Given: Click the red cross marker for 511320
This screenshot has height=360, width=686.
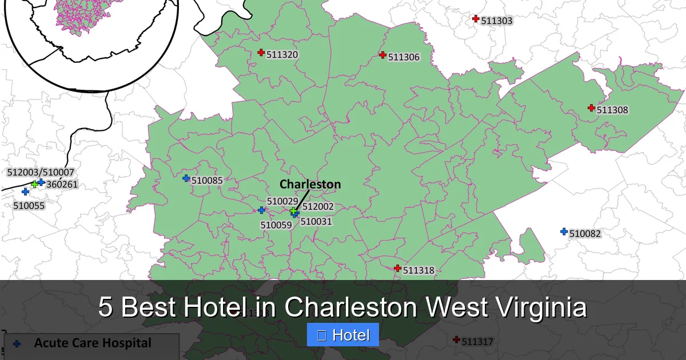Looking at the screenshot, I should [x=261, y=53].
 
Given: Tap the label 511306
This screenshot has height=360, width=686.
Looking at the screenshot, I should [x=404, y=57].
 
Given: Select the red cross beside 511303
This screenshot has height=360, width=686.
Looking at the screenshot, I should [x=476, y=19].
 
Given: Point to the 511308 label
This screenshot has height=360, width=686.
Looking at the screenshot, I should [x=612, y=110].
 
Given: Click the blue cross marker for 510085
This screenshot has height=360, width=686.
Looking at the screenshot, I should [x=186, y=178].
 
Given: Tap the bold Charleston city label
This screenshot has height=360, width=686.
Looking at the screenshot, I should [x=310, y=184].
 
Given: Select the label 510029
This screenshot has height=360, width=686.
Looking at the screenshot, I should [x=282, y=201].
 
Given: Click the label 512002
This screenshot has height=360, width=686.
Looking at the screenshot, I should [x=318, y=207].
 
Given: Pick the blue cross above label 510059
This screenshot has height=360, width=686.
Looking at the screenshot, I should [x=261, y=210].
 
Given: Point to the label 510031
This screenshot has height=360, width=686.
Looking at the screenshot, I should [x=316, y=221].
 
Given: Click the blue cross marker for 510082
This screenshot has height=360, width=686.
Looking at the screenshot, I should [x=564, y=231].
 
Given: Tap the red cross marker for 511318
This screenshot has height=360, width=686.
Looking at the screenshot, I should [x=397, y=268].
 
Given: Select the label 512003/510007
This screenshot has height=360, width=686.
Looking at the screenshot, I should [x=41, y=172].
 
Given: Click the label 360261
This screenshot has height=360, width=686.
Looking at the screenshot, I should [x=62, y=185].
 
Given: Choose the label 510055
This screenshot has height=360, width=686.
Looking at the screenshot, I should [x=29, y=205].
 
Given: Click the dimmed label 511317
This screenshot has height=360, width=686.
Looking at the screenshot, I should [x=477, y=342].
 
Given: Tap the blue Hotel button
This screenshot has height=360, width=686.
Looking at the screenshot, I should [x=343, y=335].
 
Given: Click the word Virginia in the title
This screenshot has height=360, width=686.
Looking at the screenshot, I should [x=537, y=307].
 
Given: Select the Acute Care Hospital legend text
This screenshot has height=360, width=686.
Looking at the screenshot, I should [x=93, y=343].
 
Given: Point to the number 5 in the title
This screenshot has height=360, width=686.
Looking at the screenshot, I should [x=105, y=307].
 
